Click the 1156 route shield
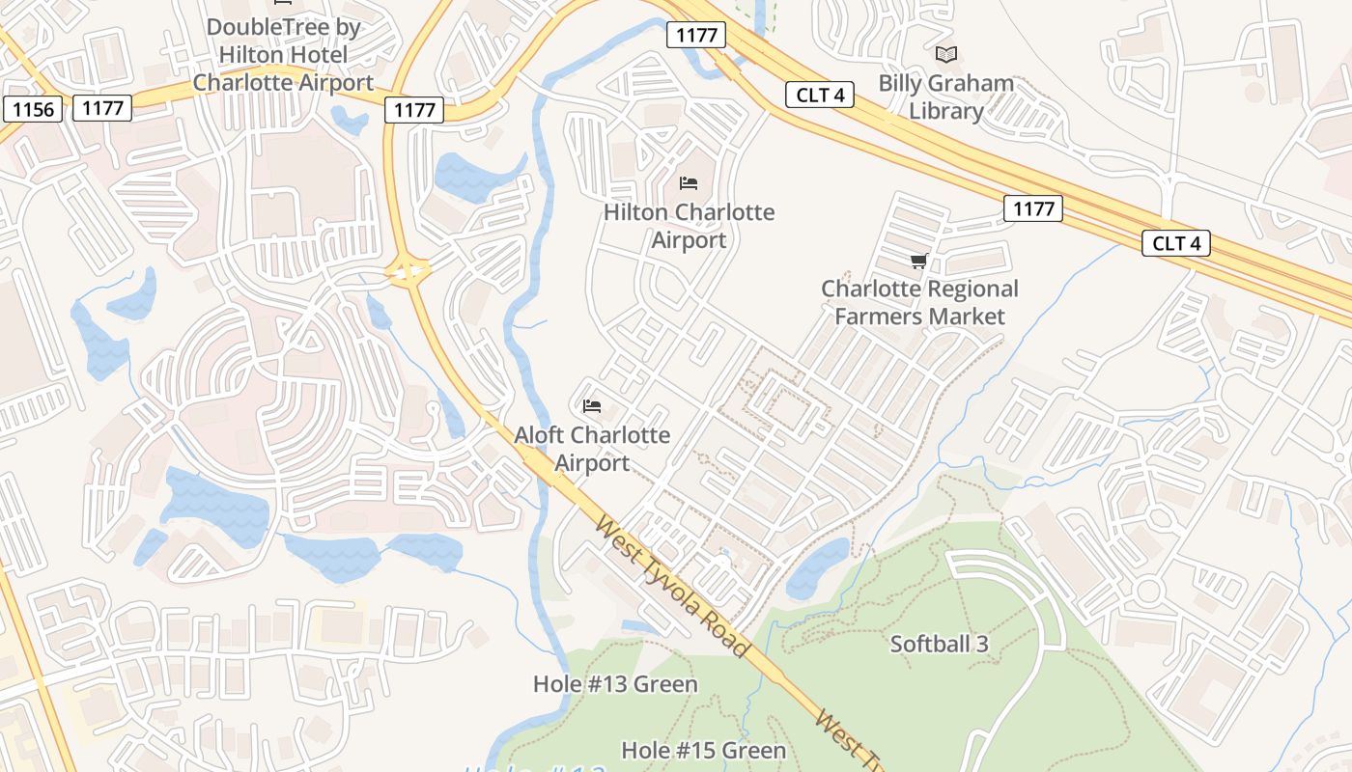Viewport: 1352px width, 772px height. tap(34, 109)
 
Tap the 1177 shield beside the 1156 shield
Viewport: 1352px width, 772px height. tap(102, 108)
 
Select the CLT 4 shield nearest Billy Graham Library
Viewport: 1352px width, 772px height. tap(820, 94)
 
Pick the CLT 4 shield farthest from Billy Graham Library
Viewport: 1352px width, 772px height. tap(1176, 243)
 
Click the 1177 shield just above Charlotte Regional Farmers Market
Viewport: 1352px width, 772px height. tap(1032, 208)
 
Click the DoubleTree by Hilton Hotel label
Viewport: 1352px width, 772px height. tap(283, 54)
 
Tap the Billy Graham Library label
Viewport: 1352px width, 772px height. tap(945, 96)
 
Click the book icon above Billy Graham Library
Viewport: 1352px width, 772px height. tap(946, 54)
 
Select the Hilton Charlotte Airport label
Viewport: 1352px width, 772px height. tap(689, 226)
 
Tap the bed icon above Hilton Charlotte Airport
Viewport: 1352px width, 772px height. tap(689, 182)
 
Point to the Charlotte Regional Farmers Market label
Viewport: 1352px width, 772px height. tap(919, 302)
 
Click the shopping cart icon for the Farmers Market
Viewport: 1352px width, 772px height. tap(919, 261)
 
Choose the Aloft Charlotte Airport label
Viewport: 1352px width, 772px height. tap(592, 449)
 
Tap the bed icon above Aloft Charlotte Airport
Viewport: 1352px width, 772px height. tap(592, 406)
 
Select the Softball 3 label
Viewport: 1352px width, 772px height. tap(939, 644)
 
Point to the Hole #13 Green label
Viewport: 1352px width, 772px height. tap(615, 684)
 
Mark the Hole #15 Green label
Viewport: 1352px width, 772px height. tap(703, 750)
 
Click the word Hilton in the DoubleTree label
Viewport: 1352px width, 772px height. tap(258, 55)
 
